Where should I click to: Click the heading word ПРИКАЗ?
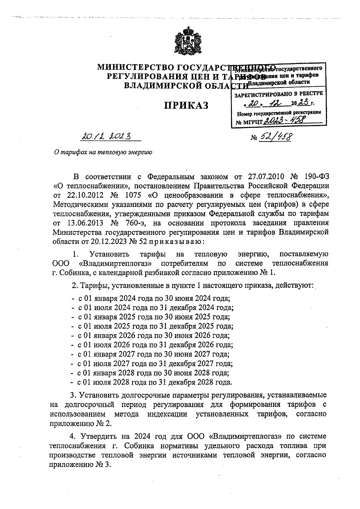186,105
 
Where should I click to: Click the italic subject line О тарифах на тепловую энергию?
103,152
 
